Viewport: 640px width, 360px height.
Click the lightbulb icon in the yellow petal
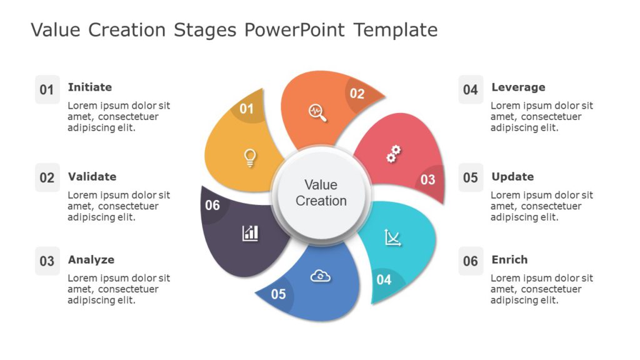[x=250, y=157]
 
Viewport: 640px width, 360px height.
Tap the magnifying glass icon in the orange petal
[x=318, y=112]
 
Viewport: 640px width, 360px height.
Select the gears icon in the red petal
[x=393, y=153]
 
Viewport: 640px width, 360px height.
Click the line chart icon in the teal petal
[x=392, y=237]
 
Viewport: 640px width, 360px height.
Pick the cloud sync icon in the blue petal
[x=320, y=276]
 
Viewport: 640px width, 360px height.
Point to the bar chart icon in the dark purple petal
[x=250, y=233]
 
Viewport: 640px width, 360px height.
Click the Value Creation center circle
[x=321, y=193]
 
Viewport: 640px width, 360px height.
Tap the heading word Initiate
[x=89, y=87]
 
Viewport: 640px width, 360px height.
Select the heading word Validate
[x=92, y=177]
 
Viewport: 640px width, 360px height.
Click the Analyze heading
[x=91, y=260]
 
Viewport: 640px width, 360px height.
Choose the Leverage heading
[x=518, y=87]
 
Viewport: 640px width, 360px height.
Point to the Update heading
[x=512, y=177]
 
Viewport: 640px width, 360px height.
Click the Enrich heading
[x=509, y=260]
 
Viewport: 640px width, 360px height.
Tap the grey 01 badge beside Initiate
[x=47, y=90]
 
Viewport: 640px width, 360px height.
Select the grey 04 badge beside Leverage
[x=471, y=90]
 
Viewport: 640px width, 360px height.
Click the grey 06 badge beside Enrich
[x=471, y=261]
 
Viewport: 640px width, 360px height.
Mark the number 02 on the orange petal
[x=357, y=94]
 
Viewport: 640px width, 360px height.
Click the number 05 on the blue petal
[x=278, y=294]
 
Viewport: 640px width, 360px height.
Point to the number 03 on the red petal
[x=427, y=180]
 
